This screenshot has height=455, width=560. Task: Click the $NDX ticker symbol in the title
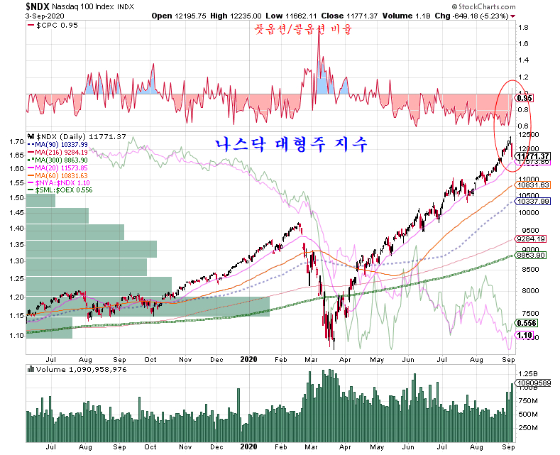coord(16,6)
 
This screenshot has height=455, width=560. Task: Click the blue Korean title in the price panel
coord(291,145)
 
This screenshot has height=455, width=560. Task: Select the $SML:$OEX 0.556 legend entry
coord(63,190)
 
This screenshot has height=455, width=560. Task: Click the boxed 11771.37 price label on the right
coord(534,156)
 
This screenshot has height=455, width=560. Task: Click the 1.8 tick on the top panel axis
coord(522,28)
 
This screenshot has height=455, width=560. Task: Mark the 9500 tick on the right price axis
coord(527,231)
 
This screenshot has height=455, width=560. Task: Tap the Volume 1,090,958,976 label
coord(77,369)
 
